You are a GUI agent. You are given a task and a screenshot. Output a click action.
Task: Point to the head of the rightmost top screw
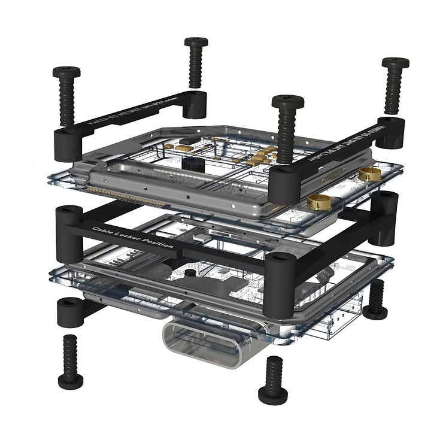tap(395, 62)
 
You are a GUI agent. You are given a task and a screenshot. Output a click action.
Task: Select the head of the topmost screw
tap(195, 42)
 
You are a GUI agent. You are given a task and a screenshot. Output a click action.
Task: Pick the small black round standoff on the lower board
tap(191, 273)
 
